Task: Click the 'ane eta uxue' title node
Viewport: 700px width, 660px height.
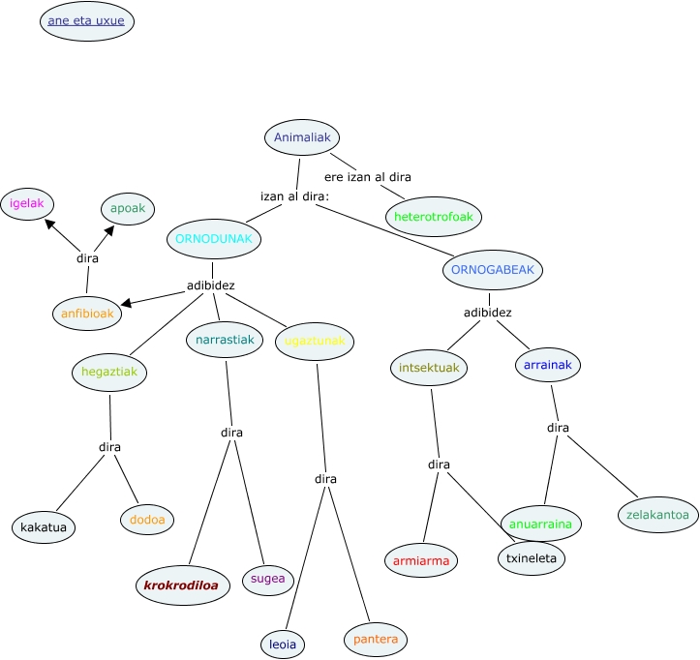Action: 87,20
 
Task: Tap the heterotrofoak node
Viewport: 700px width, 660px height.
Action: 433,217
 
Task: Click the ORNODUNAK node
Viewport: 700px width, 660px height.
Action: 214,238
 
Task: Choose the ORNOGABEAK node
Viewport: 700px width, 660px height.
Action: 493,269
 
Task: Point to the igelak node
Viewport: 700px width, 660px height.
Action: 27,203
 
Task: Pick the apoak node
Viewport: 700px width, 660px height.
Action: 129,208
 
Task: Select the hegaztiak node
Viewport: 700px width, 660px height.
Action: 108,371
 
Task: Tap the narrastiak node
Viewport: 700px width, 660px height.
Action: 225,340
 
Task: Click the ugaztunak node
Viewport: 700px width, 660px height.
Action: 315,341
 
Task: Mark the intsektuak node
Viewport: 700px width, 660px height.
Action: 429,368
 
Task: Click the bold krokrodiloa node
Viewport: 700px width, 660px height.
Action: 181,585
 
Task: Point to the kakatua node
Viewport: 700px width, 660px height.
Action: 44,527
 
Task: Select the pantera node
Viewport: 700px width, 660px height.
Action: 376,640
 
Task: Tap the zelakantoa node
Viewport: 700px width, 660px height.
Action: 657,515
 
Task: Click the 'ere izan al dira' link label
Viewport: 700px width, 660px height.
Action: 367,177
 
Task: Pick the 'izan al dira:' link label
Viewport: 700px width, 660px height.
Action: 294,196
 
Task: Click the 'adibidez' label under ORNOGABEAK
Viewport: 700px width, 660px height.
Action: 487,313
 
